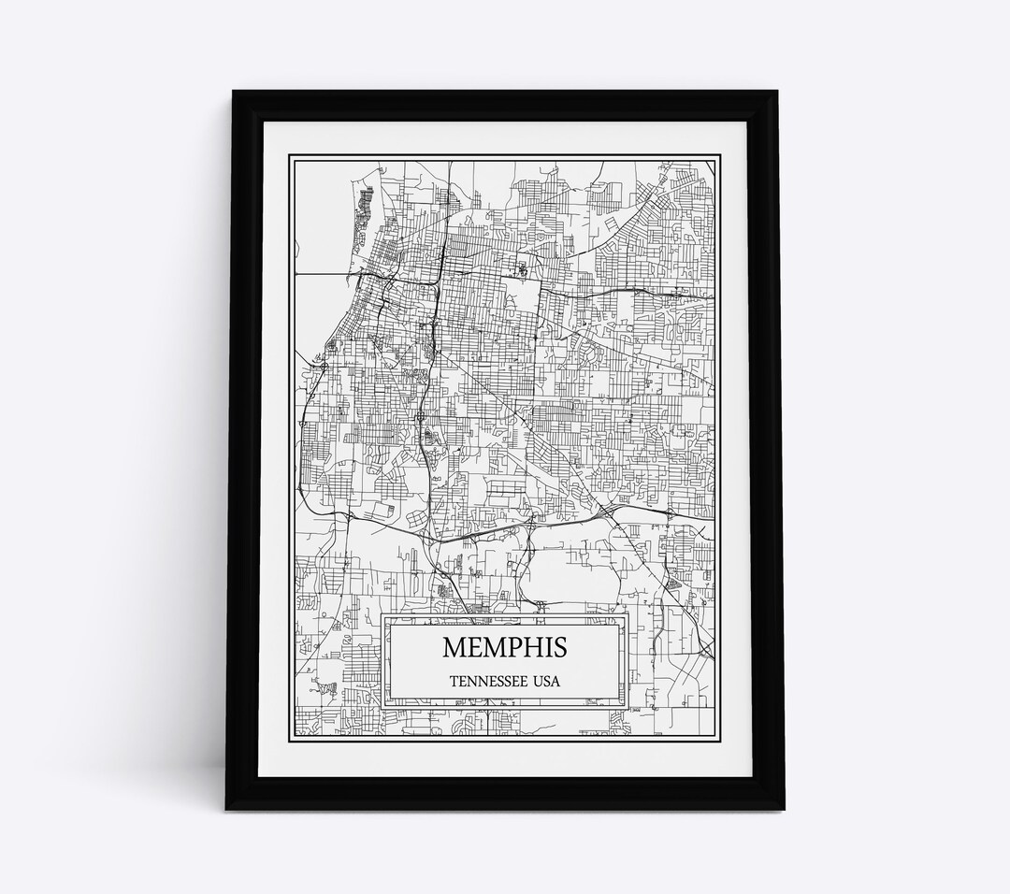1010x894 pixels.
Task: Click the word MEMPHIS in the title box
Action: point(504,647)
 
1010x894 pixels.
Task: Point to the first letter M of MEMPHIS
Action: point(453,647)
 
